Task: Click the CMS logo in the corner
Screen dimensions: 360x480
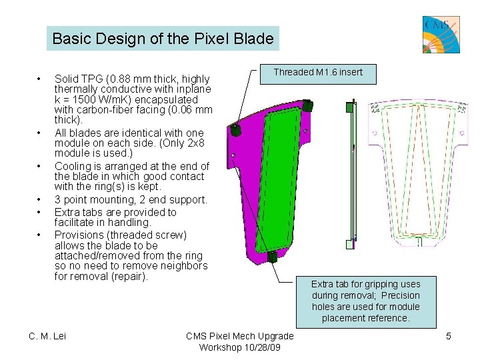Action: [x=441, y=34]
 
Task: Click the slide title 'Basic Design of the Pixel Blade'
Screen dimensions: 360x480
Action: [x=163, y=39]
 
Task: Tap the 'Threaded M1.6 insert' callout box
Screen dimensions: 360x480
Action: [x=318, y=73]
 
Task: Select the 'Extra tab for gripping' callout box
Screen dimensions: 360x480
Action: [x=365, y=301]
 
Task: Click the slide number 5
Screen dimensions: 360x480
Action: [x=449, y=336]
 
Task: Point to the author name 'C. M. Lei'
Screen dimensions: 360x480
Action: [x=47, y=336]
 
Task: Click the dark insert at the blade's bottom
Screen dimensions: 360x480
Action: [x=272, y=257]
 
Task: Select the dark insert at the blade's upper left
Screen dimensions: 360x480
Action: [x=235, y=129]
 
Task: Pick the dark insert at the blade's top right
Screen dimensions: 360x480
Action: [x=307, y=105]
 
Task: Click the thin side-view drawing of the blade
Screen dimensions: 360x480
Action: [x=350, y=173]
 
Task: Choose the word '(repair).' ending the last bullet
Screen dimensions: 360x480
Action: [x=129, y=276]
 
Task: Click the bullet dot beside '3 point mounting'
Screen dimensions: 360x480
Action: [x=41, y=200]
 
